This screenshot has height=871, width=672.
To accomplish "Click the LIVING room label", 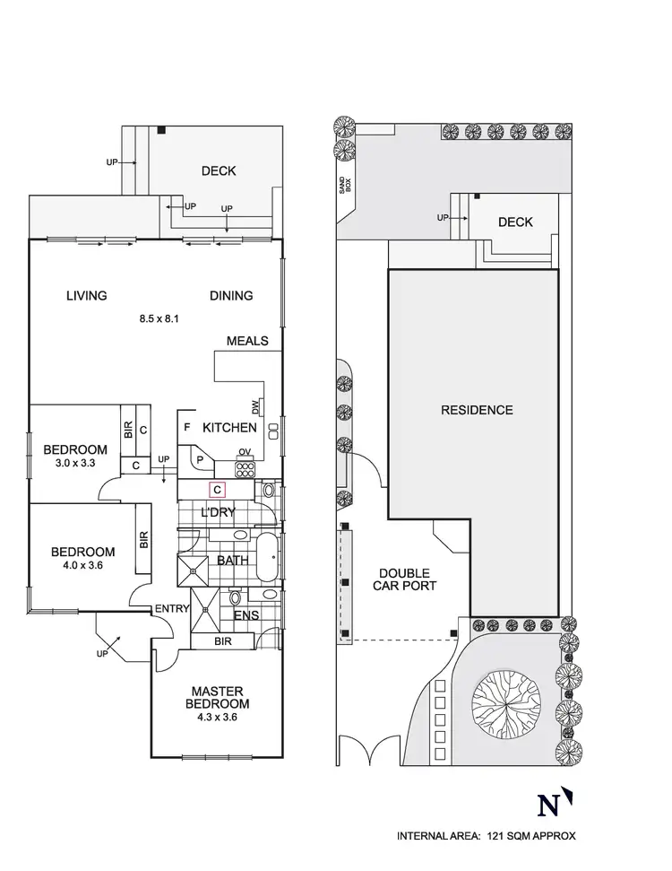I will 86,295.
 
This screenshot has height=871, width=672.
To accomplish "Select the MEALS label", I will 247,341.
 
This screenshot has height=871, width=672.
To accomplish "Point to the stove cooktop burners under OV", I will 246,467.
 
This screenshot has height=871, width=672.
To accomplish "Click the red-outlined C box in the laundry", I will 217,490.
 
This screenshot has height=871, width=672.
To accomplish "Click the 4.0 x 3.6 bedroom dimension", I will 82,567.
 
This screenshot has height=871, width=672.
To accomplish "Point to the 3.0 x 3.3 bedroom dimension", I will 76,464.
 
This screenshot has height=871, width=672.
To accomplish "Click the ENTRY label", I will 173,609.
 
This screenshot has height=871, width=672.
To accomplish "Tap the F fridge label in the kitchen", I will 186,428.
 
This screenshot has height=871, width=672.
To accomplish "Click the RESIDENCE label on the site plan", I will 477,410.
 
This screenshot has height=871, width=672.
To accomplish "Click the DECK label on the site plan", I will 515,222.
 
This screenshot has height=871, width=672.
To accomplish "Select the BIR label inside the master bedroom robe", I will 223,642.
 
